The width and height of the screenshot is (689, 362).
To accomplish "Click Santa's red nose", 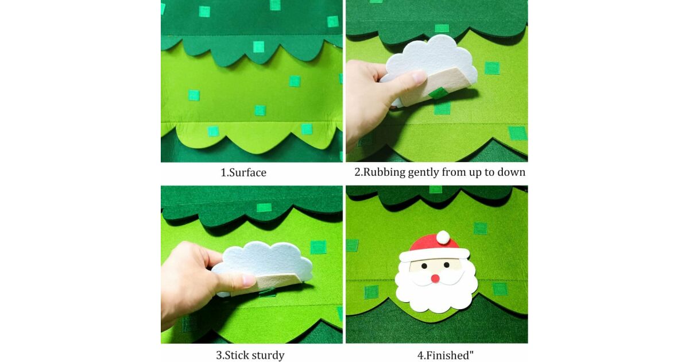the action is (x=435, y=279).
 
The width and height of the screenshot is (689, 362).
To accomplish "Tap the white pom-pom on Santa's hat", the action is (x=443, y=237).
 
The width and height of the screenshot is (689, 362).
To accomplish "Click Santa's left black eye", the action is (x=424, y=266).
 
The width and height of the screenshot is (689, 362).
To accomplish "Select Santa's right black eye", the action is (x=446, y=264).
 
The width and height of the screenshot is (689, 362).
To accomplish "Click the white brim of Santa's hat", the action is (x=434, y=255).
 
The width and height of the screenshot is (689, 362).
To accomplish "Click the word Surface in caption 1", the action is (x=247, y=172).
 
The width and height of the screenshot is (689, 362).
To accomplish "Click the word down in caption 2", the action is (x=512, y=172).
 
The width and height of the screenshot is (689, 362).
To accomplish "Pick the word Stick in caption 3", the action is (x=236, y=355).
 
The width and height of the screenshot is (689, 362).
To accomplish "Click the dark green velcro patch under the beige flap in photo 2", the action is (x=438, y=93).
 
